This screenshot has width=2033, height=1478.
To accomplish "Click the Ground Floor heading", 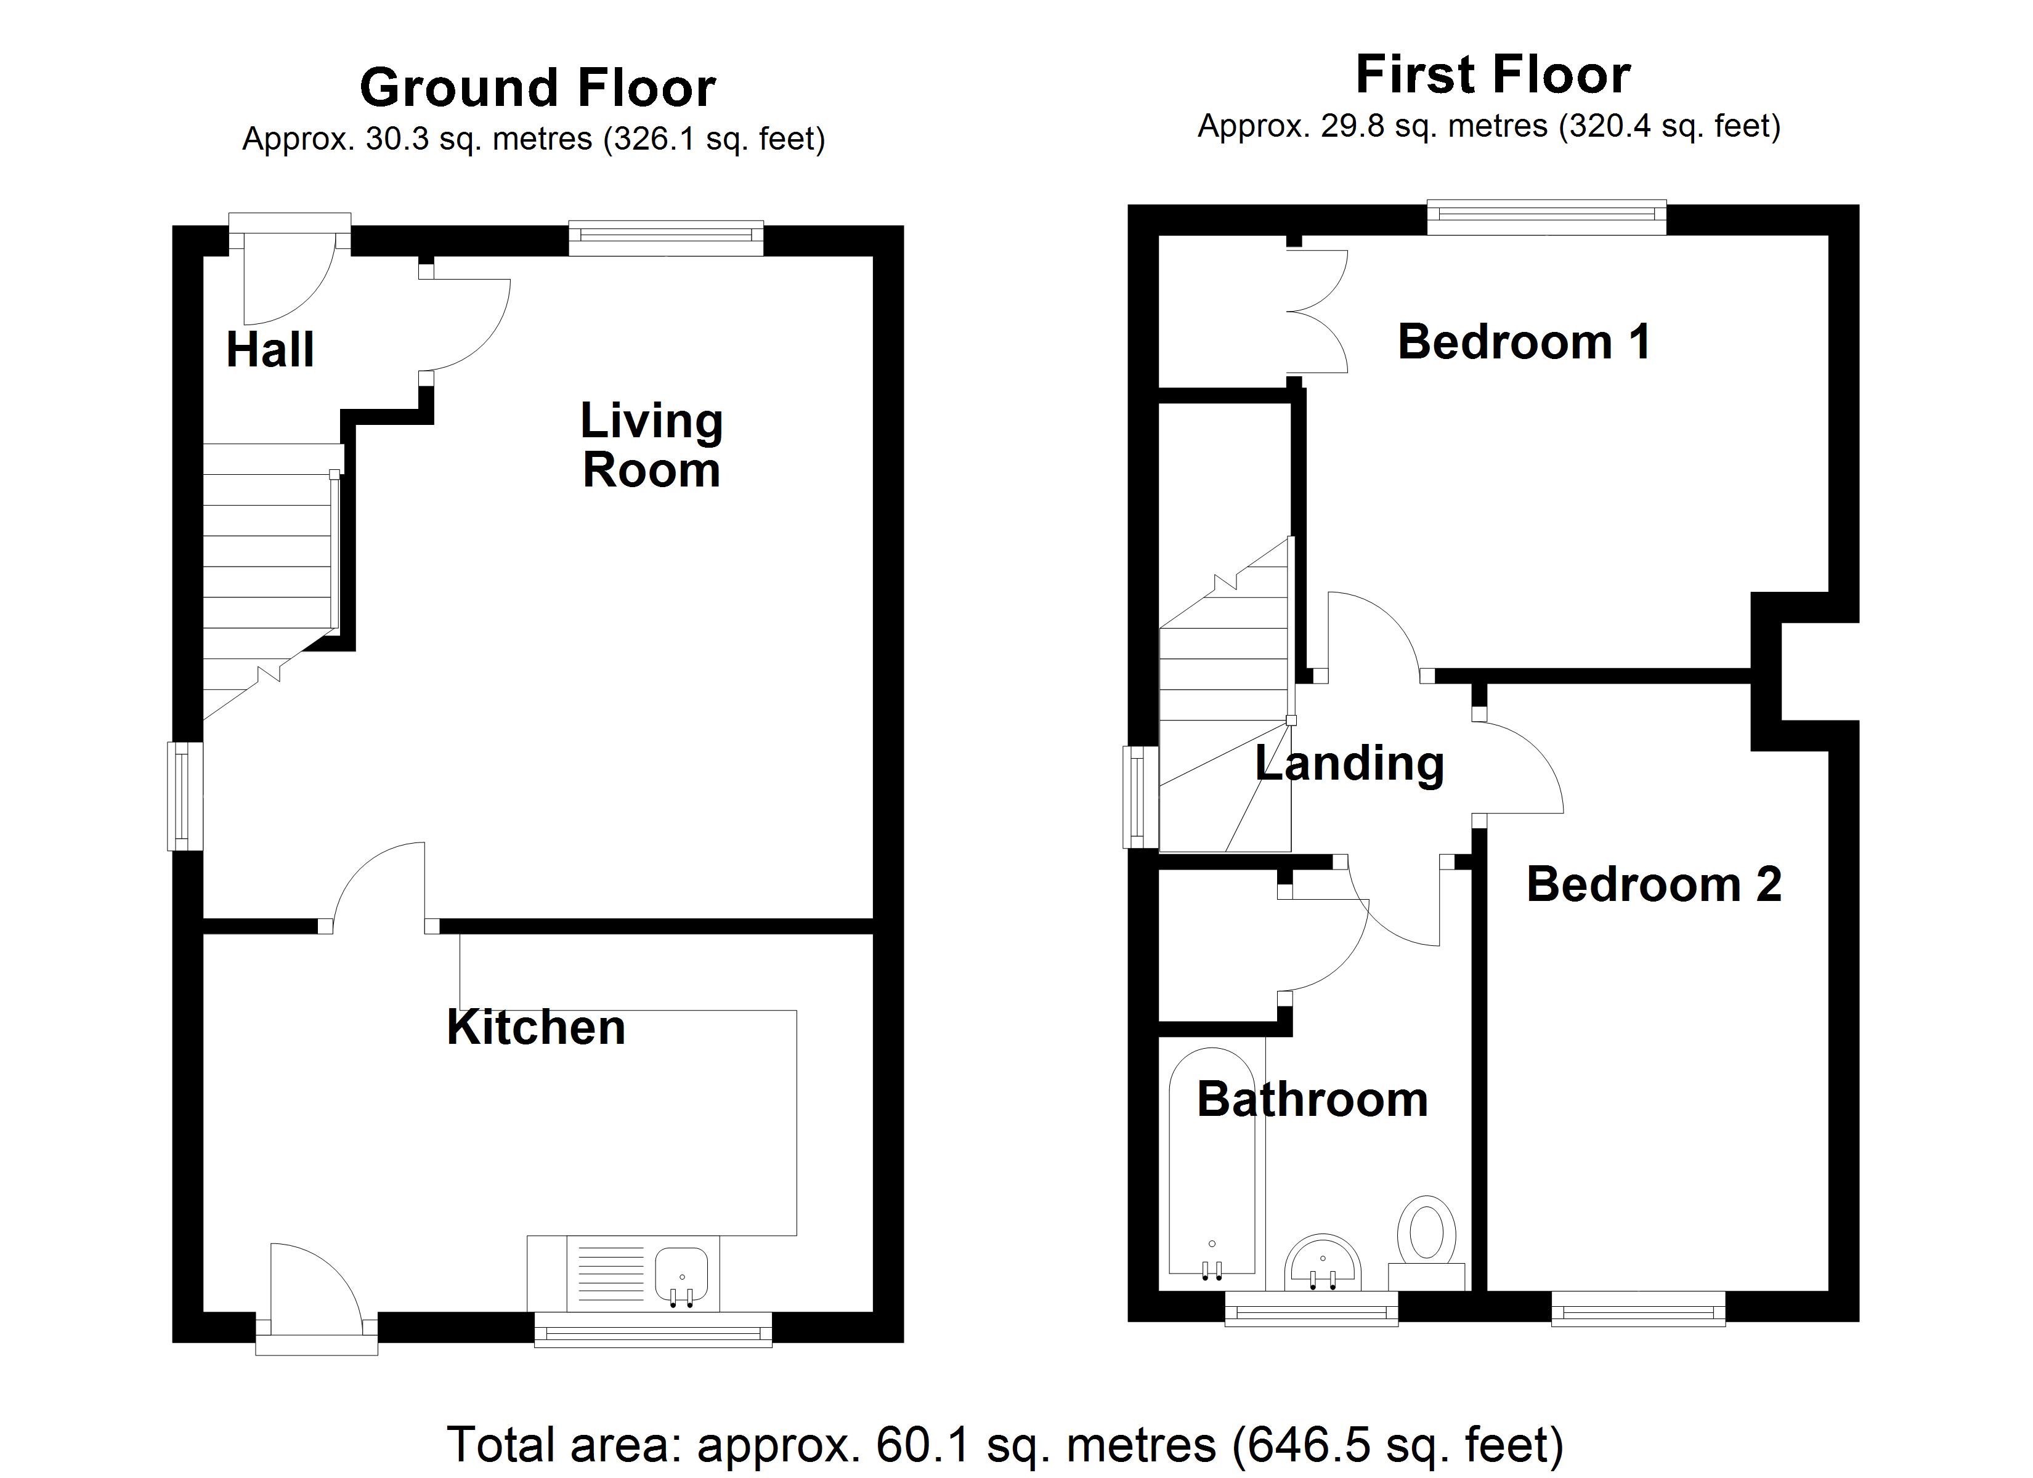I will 537,88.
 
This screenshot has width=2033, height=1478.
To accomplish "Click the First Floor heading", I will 1493,75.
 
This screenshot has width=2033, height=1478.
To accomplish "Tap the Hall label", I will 270,350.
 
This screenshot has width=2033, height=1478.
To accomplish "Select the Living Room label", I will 652,445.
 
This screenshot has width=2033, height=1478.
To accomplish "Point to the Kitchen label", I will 536,1027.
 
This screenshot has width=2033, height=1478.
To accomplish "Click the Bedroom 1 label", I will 1524,342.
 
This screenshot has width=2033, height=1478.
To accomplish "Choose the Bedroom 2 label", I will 1654,885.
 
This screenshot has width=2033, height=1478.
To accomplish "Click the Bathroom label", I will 1312,1100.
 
